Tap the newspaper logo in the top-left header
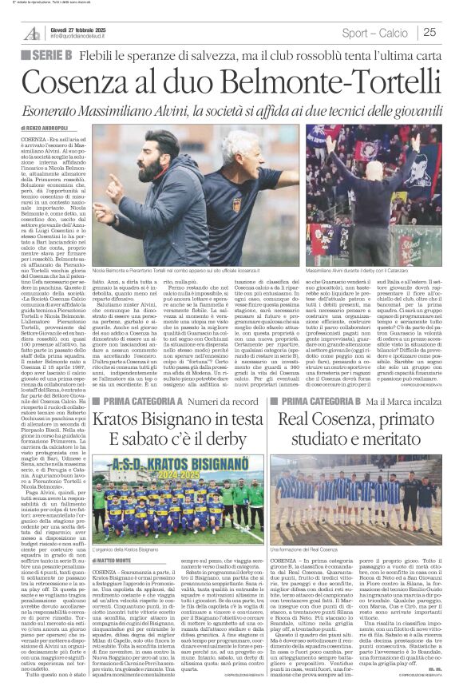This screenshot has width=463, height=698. coord(32,33)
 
